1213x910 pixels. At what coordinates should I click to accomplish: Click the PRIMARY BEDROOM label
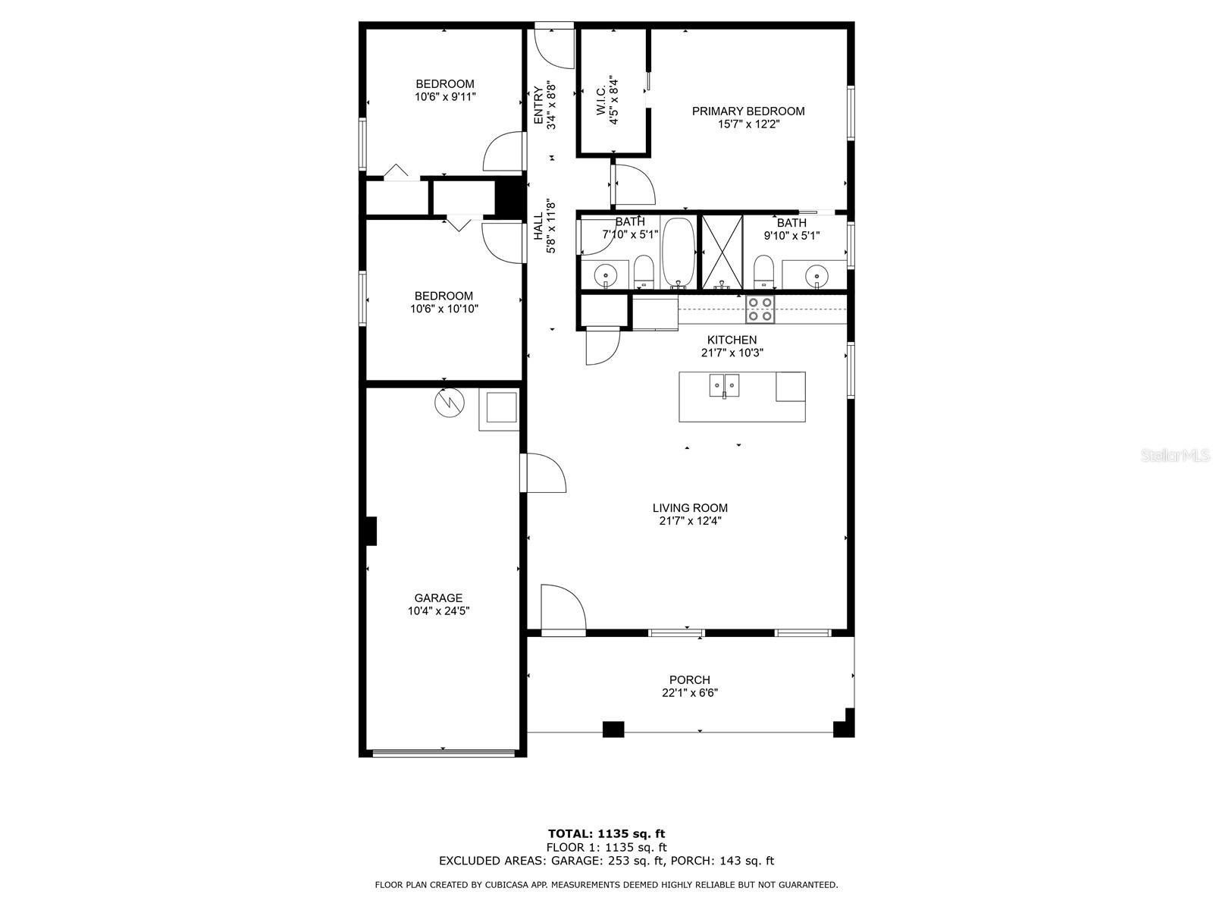748,111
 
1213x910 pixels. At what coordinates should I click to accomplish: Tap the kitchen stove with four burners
760,309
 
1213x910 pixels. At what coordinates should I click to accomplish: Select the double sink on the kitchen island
724,385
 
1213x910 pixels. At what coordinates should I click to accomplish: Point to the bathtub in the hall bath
678,253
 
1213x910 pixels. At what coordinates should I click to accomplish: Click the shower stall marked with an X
722,252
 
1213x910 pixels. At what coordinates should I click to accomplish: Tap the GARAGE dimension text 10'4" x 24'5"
438,610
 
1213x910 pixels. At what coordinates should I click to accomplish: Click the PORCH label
689,679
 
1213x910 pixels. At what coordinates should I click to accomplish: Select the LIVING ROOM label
690,507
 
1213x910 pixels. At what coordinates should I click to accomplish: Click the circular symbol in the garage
450,402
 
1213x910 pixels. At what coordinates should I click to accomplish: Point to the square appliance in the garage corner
498,409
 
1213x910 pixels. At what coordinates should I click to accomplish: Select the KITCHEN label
732,340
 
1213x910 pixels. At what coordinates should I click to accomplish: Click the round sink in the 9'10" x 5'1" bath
817,274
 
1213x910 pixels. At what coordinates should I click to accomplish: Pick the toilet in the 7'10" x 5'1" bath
643,271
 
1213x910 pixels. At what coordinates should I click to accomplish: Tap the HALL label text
538,227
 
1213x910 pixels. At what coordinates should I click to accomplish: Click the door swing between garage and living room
544,472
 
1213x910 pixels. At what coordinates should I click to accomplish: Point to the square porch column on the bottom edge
613,729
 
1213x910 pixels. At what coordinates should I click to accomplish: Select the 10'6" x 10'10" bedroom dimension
444,309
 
